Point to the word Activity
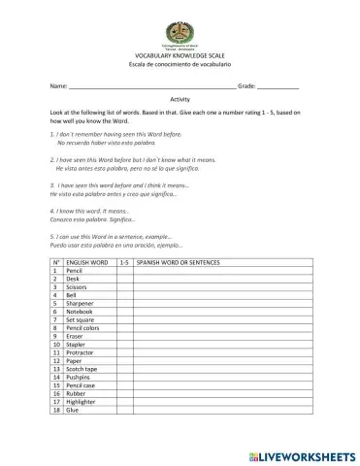click(x=180, y=100)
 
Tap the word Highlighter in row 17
click(x=87, y=402)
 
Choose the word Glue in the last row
click(x=78, y=410)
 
